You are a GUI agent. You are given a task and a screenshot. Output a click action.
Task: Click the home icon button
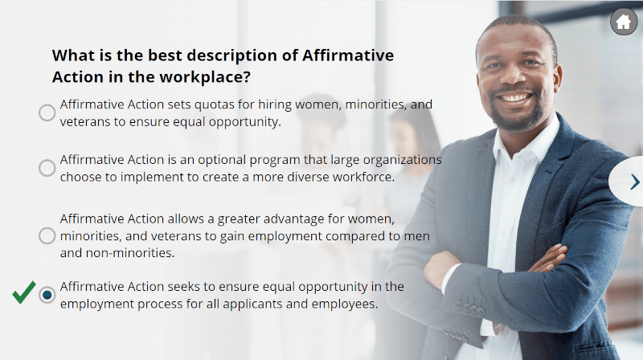624,22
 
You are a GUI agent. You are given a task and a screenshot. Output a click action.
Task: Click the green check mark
24,292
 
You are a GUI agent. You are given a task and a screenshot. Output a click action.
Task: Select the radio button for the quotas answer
47,112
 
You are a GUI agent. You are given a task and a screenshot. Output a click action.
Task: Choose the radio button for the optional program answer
47,168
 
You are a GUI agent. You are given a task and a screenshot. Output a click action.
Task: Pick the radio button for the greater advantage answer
47,235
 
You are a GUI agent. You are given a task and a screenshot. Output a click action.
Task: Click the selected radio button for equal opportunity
47,295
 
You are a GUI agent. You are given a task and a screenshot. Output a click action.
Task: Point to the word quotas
214,105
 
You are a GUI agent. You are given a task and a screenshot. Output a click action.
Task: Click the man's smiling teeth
514,98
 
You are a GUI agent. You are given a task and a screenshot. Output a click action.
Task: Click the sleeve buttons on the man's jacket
469,309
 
